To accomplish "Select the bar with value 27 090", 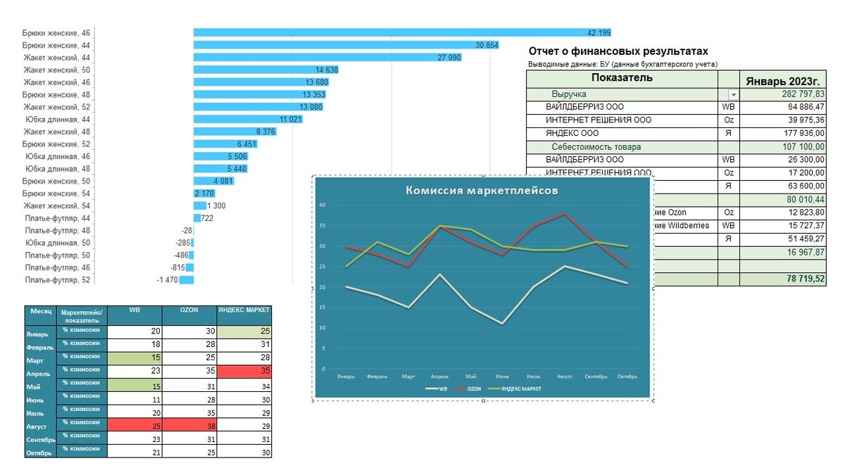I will coord(327,57).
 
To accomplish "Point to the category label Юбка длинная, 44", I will coord(58,119).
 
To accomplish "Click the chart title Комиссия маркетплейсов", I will coord(482,190).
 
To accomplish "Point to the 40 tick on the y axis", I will coord(323,205).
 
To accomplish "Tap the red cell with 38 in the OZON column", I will coord(189,426).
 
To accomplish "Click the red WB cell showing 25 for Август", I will coord(134,426).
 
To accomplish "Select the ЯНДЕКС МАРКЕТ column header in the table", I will coord(244,310).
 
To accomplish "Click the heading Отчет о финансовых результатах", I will coord(618,51).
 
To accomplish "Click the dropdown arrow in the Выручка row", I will coord(733,94).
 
